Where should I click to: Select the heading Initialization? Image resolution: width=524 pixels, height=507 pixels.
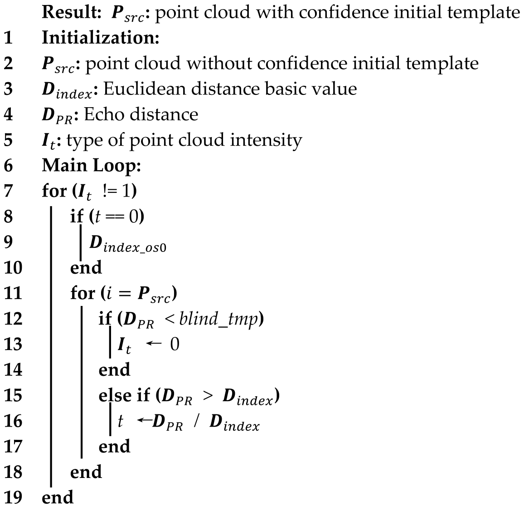tap(100, 38)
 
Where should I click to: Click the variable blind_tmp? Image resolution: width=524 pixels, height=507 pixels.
tap(219, 320)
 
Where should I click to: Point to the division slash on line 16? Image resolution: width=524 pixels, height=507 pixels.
tap(196, 422)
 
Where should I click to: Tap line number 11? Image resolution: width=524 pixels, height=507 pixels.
tap(12, 293)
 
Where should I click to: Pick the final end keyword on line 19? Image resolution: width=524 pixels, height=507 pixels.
tap(57, 497)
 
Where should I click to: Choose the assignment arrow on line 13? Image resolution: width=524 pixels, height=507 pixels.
tap(154, 345)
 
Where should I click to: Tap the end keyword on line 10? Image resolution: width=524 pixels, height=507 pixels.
tap(86, 267)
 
